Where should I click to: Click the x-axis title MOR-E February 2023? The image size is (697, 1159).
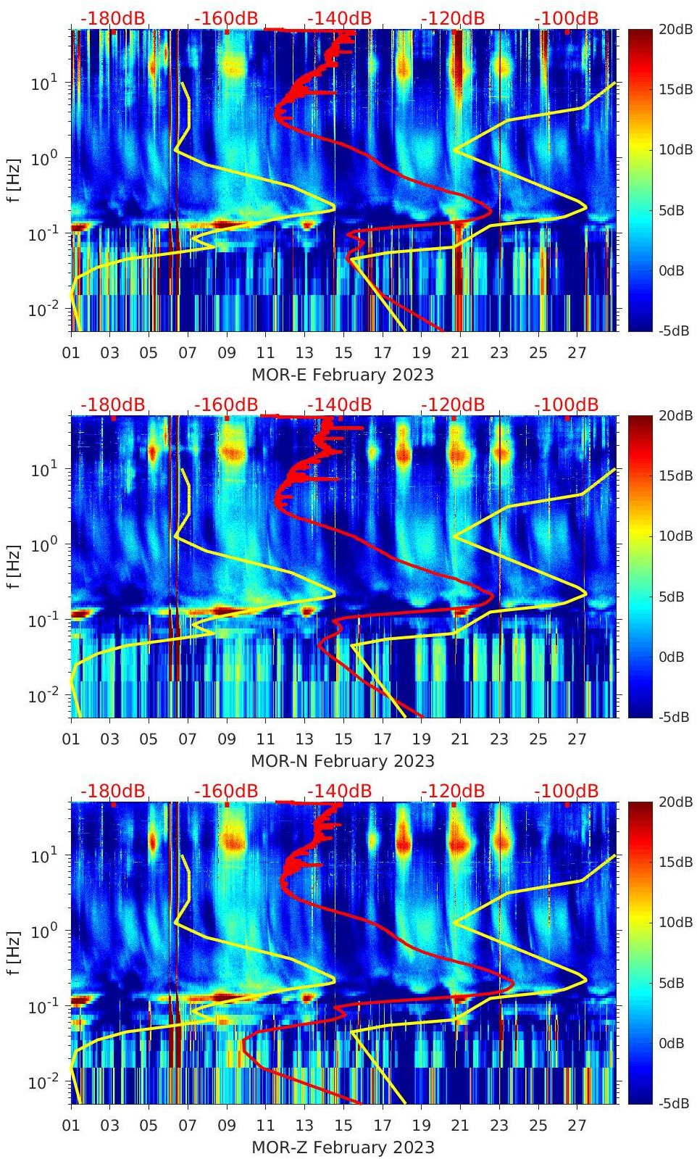[342, 375]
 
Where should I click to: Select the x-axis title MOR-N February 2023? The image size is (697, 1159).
[342, 761]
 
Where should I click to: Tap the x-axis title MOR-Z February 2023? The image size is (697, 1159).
[342, 1147]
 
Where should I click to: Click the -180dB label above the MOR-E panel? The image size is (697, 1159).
[112, 18]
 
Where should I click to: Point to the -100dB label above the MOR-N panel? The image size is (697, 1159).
[567, 404]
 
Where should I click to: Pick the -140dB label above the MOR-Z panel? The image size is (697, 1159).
[339, 791]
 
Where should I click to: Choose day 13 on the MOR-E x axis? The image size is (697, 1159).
[304, 353]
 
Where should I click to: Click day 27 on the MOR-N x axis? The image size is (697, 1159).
[577, 739]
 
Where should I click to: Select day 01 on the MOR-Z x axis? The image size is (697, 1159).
[71, 1126]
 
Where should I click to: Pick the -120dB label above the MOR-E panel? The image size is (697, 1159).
[453, 18]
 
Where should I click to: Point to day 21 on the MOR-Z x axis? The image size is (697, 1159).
[460, 1126]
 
